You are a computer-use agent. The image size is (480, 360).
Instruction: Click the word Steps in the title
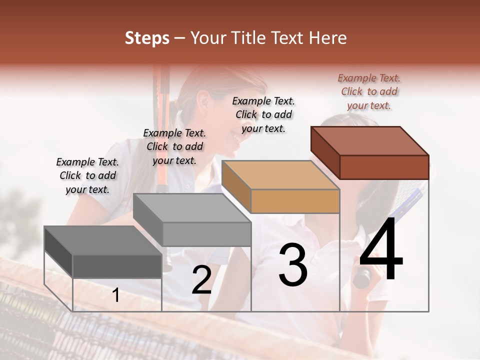147,38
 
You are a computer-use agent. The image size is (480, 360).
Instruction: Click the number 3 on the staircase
293,265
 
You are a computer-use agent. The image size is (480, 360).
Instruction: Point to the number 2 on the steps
201,280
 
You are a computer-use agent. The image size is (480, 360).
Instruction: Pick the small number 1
116,295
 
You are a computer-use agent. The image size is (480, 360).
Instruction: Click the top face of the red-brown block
370,141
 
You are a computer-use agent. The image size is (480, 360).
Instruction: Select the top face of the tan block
280,175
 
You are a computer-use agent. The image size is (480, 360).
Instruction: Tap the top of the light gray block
192,208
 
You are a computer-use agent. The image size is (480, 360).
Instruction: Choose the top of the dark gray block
103,240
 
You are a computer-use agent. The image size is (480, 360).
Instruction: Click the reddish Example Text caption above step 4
369,91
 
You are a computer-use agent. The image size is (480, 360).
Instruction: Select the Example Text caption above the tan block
263,114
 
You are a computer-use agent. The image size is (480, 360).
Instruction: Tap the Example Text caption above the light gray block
174,146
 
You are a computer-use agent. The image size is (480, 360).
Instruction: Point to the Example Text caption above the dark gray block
87,175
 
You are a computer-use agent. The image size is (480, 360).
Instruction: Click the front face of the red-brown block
384,167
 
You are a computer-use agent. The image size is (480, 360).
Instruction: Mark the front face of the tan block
295,201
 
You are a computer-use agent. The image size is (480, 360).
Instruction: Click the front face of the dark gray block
117,266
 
